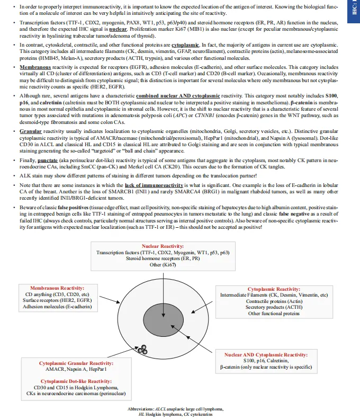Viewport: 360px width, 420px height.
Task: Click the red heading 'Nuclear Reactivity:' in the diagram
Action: pos(163,247)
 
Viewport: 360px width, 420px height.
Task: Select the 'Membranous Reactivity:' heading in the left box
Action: pos(57,288)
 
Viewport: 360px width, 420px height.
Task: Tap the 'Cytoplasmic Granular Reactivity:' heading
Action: pos(76,363)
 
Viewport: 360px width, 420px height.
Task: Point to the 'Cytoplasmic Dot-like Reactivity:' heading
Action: pos(76,381)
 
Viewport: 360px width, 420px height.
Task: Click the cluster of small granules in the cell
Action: pos(142,348)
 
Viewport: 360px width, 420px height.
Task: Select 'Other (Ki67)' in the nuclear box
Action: pos(163,264)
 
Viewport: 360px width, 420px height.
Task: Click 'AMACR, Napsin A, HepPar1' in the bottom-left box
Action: pos(76,369)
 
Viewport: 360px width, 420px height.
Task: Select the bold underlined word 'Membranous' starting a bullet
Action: pos(35,68)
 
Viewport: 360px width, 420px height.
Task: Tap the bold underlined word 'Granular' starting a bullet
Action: pos(31,130)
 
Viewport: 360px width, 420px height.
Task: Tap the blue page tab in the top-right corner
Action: pos(355,11)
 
